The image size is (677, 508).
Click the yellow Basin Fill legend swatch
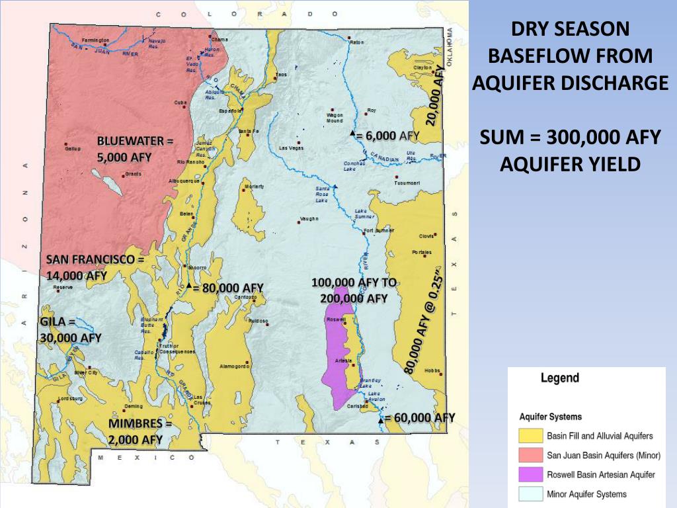(531, 436)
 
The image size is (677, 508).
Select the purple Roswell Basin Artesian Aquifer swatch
(531, 475)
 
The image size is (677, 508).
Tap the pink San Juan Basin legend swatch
(531, 455)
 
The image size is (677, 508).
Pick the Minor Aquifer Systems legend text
(586, 494)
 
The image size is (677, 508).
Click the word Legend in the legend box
(559, 378)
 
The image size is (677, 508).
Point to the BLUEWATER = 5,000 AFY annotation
(134, 149)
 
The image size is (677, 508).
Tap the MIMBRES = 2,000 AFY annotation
(140, 431)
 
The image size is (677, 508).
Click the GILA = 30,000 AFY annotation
(70, 329)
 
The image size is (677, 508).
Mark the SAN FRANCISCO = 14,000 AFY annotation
(95, 267)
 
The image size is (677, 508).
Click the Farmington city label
(96, 40)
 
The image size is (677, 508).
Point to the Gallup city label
(73, 149)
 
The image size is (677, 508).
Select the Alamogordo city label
(234, 366)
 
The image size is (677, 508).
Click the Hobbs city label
(432, 370)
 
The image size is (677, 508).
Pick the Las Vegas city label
(292, 148)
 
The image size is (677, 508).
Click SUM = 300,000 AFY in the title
(570, 137)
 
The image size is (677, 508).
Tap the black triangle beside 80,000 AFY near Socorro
(189, 286)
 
